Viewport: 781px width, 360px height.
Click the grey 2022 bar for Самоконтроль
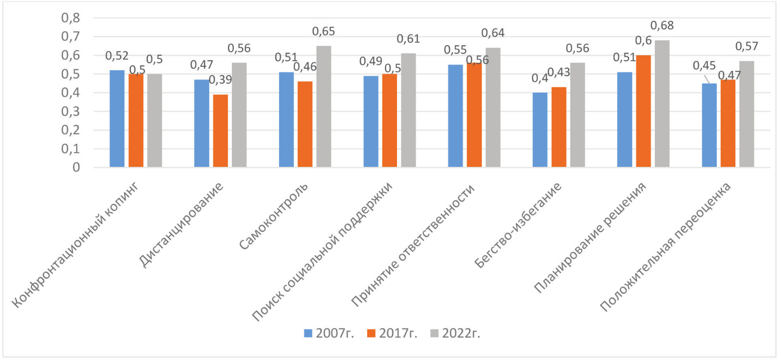click(x=324, y=107)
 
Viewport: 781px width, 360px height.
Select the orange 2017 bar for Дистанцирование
click(x=221, y=131)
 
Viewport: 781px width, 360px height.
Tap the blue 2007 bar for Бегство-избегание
click(x=540, y=130)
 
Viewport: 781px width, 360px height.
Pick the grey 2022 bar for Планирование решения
click(x=662, y=104)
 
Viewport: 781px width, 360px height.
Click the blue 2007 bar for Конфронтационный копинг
click(x=117, y=119)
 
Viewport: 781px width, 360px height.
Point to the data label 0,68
click(x=662, y=26)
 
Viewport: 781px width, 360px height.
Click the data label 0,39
click(x=220, y=80)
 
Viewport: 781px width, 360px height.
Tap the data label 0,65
click(x=324, y=31)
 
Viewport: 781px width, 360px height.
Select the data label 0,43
click(x=559, y=72)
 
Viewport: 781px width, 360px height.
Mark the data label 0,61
click(x=408, y=39)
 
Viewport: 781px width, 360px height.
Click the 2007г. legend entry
click(x=329, y=333)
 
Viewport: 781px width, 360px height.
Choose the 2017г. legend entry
click(x=392, y=333)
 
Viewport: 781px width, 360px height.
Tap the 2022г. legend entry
click(x=456, y=333)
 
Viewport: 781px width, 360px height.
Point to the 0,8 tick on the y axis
click(x=71, y=18)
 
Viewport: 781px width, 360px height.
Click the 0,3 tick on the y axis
click(x=71, y=111)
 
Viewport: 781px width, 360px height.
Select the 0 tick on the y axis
click(x=76, y=167)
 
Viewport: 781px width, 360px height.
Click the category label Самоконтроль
click(x=274, y=216)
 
